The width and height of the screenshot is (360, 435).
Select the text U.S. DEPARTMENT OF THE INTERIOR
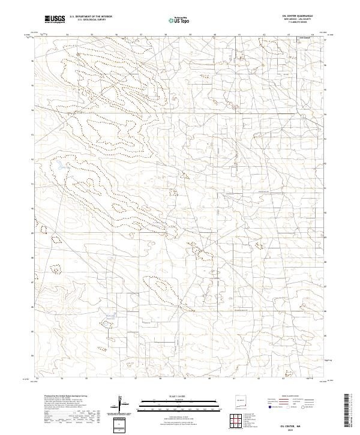pyautogui.click(x=91, y=17)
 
